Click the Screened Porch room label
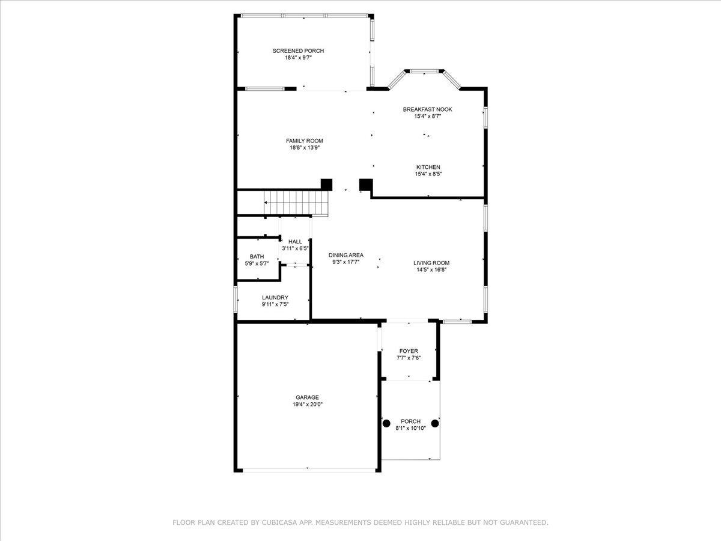(298, 51)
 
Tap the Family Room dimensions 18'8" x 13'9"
(305, 148)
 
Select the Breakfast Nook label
(427, 109)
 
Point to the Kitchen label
(428, 167)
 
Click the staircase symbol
(296, 203)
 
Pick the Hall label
(295, 242)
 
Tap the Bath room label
(257, 257)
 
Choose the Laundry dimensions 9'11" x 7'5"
(275, 305)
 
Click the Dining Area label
(346, 255)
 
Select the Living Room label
(431, 263)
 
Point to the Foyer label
(409, 351)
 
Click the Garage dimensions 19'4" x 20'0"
(308, 405)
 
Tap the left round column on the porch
(386, 423)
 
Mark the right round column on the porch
(435, 423)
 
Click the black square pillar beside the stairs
(326, 185)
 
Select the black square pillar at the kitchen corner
(366, 185)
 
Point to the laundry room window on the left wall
(236, 299)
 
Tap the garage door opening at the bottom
(309, 471)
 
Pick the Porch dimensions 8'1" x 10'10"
(410, 429)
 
